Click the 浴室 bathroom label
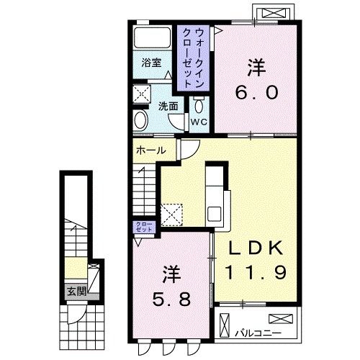[151, 63]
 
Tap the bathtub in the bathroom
[152, 37]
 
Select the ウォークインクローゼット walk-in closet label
[193, 58]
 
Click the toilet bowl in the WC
[199, 105]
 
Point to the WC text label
[199, 122]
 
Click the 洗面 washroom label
[168, 107]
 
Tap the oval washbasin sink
[140, 120]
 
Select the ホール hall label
[151, 150]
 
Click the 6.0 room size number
[257, 92]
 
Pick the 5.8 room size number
[172, 299]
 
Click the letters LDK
[256, 248]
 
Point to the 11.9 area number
[256, 272]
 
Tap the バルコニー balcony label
[258, 333]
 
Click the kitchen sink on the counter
[215, 214]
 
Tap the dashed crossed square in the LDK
[171, 215]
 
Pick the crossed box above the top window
[274, 13]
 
